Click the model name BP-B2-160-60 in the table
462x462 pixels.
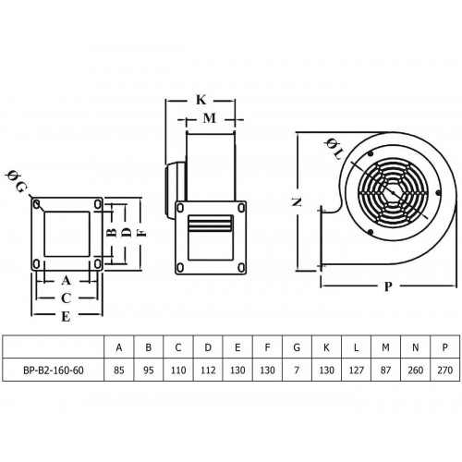(54, 370)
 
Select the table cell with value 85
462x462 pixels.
(119, 370)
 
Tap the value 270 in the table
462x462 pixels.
(444, 370)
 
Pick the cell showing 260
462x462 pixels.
(415, 370)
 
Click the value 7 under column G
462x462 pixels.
(297, 370)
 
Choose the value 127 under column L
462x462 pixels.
(356, 370)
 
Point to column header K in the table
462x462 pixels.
(326, 347)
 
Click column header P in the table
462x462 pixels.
(444, 347)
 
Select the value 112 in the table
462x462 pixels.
(208, 370)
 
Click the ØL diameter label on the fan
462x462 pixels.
(334, 149)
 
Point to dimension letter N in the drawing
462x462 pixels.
(297, 202)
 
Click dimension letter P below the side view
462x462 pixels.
(388, 286)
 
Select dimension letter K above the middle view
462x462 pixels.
(201, 100)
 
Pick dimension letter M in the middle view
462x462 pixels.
(210, 118)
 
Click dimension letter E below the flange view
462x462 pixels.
(66, 316)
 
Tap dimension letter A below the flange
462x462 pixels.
(66, 280)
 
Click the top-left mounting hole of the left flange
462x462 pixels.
(37, 204)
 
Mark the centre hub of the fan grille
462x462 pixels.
(393, 193)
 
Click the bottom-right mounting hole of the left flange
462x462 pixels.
(97, 263)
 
